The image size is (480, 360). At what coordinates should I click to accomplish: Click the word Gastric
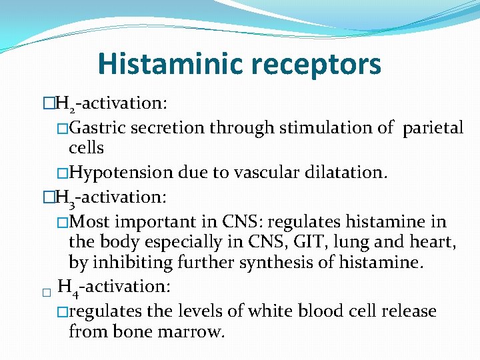(x=99, y=127)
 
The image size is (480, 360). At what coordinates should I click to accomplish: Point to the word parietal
(x=432, y=127)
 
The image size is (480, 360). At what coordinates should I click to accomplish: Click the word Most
(x=91, y=221)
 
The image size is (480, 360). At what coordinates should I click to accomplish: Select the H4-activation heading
(x=115, y=287)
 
